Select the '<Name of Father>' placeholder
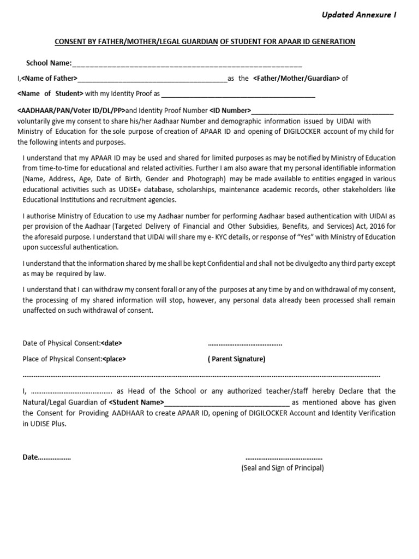click(49, 78)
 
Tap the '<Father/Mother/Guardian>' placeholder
click(296, 78)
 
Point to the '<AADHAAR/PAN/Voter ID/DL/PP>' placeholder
click(71, 110)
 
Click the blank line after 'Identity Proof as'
click(238, 94)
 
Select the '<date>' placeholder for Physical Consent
click(112, 343)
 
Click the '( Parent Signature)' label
click(236, 359)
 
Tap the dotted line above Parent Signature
click(245, 344)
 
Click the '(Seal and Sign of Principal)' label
click(283, 468)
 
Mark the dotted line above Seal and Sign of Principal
click(284, 457)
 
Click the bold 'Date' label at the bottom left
click(31, 457)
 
